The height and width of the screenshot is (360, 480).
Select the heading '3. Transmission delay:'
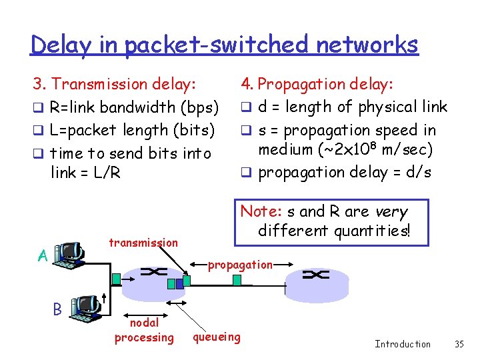coord(115,84)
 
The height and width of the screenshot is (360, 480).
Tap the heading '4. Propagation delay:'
coord(317,84)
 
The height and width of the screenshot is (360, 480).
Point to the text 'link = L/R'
coord(85,173)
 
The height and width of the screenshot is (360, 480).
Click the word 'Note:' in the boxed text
coord(261,211)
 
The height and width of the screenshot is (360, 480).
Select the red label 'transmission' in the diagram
coord(143,243)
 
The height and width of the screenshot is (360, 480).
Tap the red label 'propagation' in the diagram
coord(240,265)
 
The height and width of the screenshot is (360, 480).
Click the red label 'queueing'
coord(217,337)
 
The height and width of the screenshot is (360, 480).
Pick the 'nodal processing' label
coord(144,330)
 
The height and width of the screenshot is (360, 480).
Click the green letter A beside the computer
coord(42,256)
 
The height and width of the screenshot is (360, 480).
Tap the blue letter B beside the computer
coord(57,309)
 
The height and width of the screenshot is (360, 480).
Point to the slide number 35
coord(459,344)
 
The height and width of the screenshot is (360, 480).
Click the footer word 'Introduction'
coord(403,344)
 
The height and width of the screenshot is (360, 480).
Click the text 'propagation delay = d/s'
coord(345,172)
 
